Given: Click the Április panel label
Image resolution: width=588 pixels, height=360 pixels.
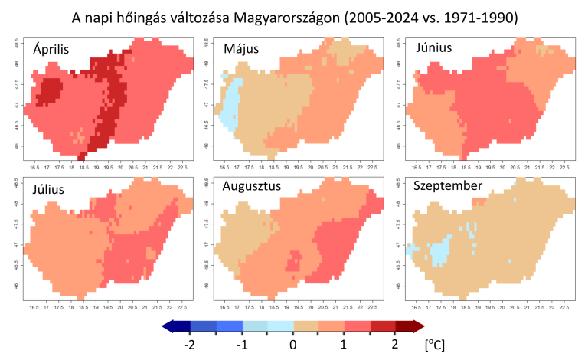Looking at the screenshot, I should coord(52,49).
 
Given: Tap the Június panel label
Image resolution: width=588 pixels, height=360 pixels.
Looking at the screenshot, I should coord(433,49).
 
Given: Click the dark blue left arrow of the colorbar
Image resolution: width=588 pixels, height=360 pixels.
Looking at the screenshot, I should coord(170,327).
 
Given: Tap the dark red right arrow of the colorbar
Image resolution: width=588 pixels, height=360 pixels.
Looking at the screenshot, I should coord(416,327).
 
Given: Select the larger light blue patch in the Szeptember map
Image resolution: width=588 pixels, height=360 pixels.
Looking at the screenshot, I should coord(439,251).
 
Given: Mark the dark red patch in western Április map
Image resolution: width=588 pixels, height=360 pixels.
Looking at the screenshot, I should coord(50,90).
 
